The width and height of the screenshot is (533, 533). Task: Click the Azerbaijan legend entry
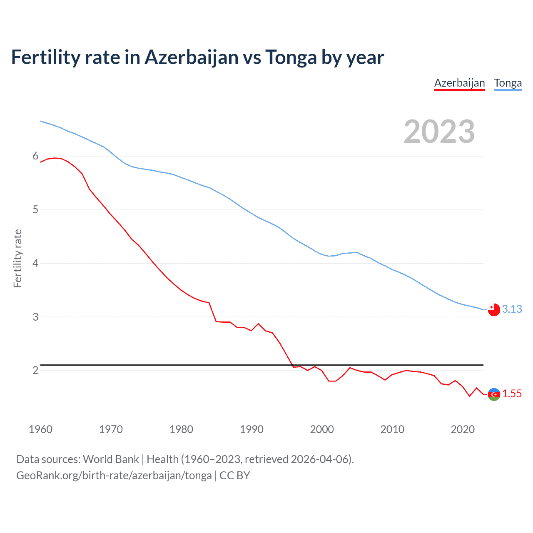coord(459,83)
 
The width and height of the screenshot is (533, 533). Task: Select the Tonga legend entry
coord(508,83)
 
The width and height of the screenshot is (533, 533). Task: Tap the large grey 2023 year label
coord(439,132)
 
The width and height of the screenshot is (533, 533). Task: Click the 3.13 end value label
coord(512,309)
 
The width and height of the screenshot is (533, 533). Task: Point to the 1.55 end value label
coord(512,394)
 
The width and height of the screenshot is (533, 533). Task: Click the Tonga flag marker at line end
coord(494,310)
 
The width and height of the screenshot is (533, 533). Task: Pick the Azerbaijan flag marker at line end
coord(494,394)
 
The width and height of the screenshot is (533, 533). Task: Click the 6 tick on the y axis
coord(35,156)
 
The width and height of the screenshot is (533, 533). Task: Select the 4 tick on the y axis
coord(35,263)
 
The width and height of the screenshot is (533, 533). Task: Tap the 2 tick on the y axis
coord(35,370)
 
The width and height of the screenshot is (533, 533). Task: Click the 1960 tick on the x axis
coord(40,429)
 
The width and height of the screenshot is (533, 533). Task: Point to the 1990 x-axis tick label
coord(252,429)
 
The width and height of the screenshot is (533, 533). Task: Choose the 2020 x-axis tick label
coord(463,429)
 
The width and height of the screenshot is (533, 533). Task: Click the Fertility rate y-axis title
coord(17,258)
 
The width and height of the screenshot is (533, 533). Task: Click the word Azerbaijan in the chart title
coord(192,57)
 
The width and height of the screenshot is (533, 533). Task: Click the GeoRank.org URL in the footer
coord(114,476)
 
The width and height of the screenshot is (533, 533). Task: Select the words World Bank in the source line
coord(111,459)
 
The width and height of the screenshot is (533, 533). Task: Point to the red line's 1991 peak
coord(258,324)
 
